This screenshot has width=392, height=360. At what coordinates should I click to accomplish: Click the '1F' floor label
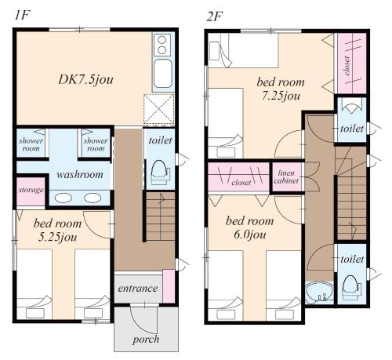point(21,16)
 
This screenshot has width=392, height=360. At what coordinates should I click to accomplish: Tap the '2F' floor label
point(214,16)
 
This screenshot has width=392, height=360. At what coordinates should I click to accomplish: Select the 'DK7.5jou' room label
point(85,80)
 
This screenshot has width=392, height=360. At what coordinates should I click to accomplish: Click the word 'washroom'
point(80,174)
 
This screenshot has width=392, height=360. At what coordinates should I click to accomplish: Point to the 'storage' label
point(31,190)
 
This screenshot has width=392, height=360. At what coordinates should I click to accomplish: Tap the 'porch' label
point(146,340)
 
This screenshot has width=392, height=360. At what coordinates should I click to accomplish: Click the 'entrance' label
point(138,289)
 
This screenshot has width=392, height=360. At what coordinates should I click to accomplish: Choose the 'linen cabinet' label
point(286,176)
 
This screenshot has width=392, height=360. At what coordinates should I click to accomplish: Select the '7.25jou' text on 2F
point(281,96)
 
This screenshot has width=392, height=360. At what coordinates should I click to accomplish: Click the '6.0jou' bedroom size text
point(249,235)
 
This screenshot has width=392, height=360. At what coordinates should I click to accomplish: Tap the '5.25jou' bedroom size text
point(57,238)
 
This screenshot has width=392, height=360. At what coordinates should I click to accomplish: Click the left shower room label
point(31,144)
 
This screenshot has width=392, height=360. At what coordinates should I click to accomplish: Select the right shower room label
point(96,144)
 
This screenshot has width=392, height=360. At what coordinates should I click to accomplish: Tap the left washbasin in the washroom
point(64,198)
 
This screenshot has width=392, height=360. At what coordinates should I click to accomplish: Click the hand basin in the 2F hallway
point(319,293)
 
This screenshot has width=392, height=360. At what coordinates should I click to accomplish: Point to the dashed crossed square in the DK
point(159,108)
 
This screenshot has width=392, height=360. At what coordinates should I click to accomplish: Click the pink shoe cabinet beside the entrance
point(169,286)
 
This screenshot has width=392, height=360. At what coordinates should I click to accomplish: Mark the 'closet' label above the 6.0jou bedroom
point(241,183)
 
